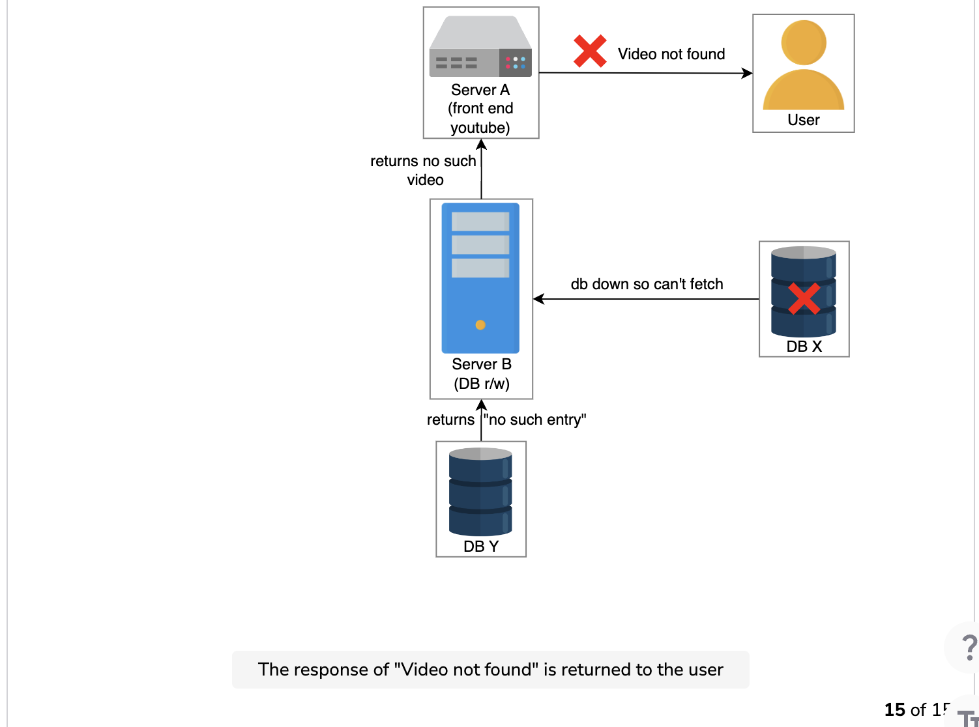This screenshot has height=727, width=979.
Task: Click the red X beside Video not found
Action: point(590,51)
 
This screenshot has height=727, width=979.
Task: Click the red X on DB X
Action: point(804,298)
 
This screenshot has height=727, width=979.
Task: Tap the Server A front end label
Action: point(480,109)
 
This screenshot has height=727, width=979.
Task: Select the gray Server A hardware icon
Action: point(480,46)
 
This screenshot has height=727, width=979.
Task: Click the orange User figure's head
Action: point(803,43)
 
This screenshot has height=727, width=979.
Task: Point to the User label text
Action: point(803,120)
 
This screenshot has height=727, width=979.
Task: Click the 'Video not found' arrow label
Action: point(671,54)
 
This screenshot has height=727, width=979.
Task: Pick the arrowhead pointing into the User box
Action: point(747,73)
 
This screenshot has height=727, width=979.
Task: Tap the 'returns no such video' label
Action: point(423,170)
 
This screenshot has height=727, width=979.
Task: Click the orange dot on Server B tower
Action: point(480,325)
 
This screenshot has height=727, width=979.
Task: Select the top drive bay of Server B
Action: point(480,221)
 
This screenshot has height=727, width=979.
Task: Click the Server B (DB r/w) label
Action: point(482,374)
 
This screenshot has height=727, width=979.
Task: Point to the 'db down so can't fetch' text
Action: point(647,284)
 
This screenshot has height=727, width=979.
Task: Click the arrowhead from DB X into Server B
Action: point(539,298)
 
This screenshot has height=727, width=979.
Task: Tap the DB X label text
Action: point(804,347)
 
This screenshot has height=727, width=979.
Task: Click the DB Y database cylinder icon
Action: point(480,491)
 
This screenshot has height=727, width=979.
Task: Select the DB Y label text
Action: point(480,546)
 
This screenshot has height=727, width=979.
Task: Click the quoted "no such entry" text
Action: point(535,420)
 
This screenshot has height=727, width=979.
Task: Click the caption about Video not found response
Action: point(490,670)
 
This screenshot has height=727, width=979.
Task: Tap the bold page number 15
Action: point(895,710)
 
